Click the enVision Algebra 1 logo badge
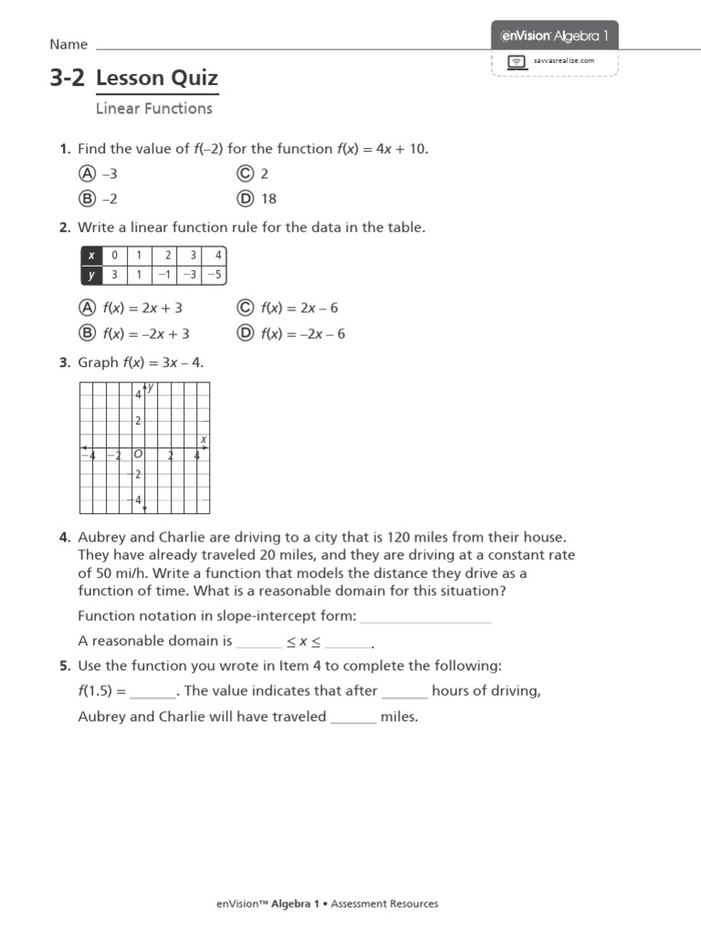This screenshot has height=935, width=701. [555, 36]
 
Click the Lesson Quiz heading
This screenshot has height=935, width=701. [157, 79]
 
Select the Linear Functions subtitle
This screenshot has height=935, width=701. [153, 109]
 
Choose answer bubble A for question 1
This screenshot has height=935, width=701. [88, 173]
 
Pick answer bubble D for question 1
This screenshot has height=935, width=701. [245, 198]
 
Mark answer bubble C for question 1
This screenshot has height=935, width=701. [245, 173]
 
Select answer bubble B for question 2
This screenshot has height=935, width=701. [88, 333]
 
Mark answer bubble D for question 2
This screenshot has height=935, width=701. [245, 333]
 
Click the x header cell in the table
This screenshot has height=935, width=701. [91, 256]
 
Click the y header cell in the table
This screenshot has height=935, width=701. [91, 274]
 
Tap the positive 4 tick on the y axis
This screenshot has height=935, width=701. [138, 395]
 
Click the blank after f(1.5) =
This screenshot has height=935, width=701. [152, 692]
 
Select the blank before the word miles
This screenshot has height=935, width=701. [353, 718]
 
